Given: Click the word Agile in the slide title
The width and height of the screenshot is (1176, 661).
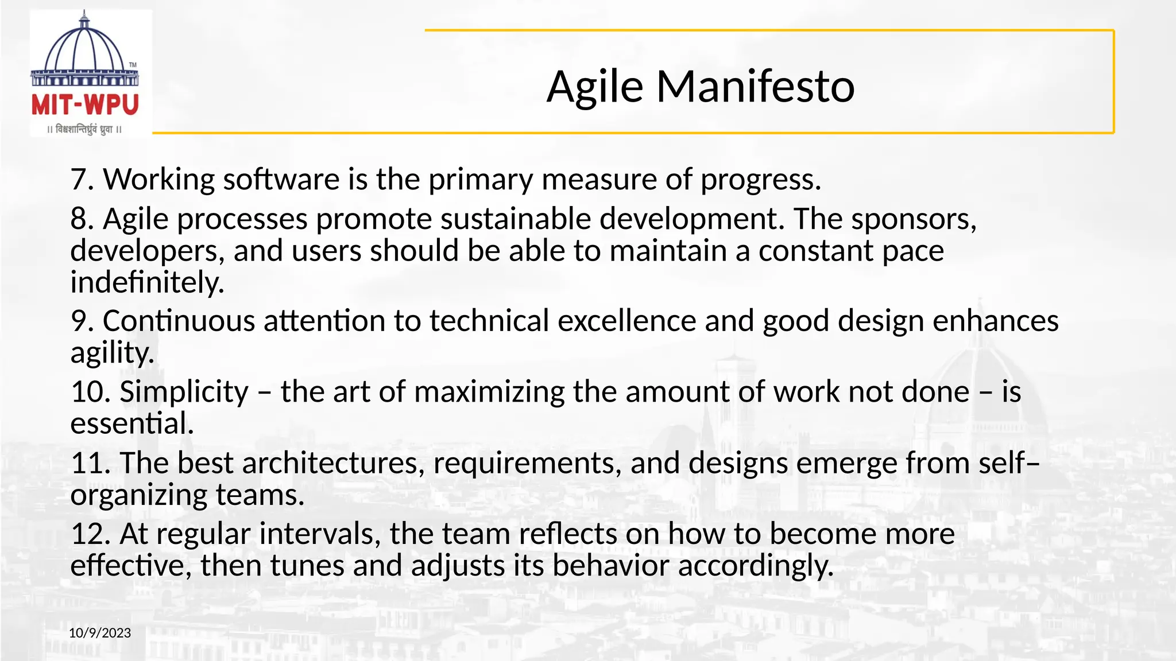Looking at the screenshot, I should tap(595, 87).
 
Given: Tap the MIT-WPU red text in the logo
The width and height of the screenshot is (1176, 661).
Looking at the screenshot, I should tap(85, 105).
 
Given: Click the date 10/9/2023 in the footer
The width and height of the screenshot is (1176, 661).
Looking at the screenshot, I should tap(100, 633).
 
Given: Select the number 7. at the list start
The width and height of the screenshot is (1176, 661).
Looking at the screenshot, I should tap(82, 180).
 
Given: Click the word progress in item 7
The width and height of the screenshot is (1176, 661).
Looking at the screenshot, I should tap(760, 180).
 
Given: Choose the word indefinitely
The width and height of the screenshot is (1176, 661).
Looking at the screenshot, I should tap(147, 282).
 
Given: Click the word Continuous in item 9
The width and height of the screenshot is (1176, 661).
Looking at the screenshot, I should tap(179, 321).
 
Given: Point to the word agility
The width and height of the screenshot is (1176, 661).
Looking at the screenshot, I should tap(113, 353).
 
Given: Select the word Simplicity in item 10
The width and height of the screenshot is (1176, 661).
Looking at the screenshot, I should tap(184, 392).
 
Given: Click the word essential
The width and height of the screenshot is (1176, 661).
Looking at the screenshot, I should tap(132, 423).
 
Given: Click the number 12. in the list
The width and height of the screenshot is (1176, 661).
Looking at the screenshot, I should tap(90, 534).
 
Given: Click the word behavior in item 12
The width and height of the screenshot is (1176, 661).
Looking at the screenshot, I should tap(610, 566).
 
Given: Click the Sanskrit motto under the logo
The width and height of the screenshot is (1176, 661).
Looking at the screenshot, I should tap(85, 130).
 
